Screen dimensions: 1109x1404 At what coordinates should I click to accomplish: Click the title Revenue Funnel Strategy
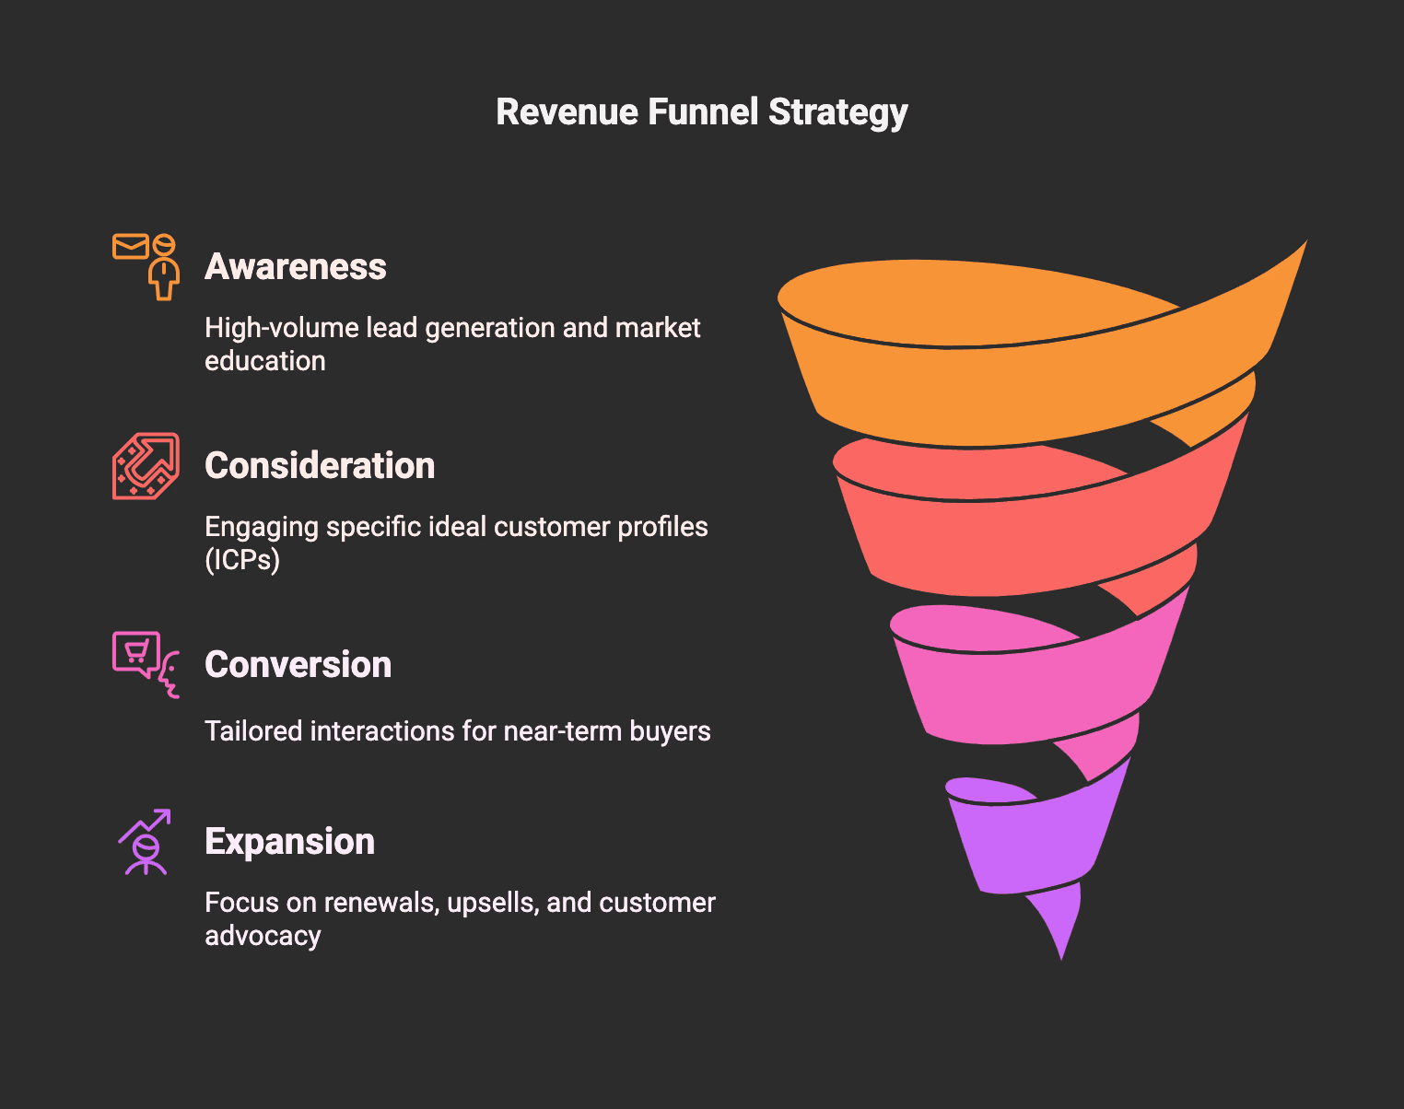[702, 112]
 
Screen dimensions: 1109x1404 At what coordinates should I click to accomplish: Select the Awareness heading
[296, 267]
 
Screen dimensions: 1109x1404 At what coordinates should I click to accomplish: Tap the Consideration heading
[320, 466]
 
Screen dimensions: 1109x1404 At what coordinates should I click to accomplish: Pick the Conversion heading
[298, 665]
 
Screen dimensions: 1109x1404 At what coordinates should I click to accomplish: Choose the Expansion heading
[289, 842]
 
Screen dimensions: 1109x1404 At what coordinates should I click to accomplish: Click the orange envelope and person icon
[146, 266]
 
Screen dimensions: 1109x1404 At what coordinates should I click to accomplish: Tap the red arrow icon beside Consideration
[146, 466]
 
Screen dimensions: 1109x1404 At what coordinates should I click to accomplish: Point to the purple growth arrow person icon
[146, 842]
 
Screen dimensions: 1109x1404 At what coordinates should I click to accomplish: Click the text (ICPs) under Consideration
[242, 560]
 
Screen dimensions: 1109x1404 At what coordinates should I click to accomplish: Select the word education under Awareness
[265, 361]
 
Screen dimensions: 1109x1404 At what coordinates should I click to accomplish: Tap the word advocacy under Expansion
[263, 936]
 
